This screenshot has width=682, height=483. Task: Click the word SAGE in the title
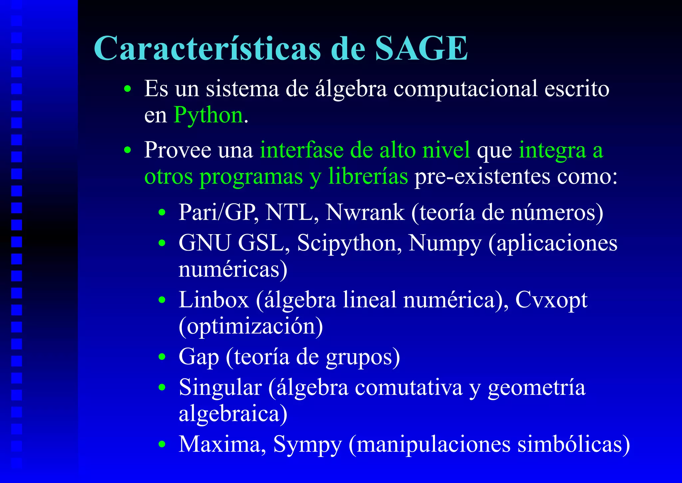pos(421,49)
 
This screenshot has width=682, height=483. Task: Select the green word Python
pos(208,115)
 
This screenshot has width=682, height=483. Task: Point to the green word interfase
pos(301,150)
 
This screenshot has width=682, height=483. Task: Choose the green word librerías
pos(368,176)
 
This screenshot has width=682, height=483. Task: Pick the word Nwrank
pos(365,212)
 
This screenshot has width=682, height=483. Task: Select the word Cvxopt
pos(551,300)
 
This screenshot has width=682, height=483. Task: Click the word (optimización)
pos(251,326)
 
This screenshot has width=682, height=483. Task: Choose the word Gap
pos(199,357)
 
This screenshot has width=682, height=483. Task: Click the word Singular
pos(220,388)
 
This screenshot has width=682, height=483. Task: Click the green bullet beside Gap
pos(162,357)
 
